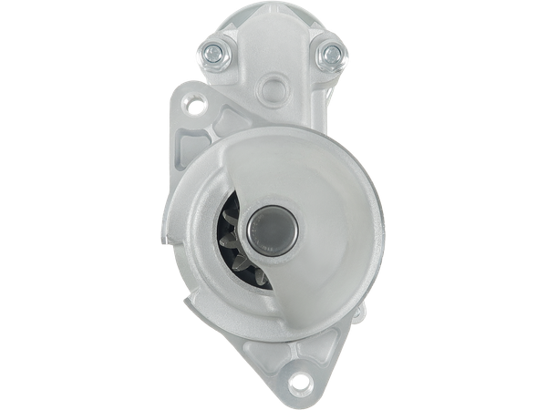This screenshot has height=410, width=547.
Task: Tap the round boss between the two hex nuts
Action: pyautogui.click(x=271, y=88)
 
